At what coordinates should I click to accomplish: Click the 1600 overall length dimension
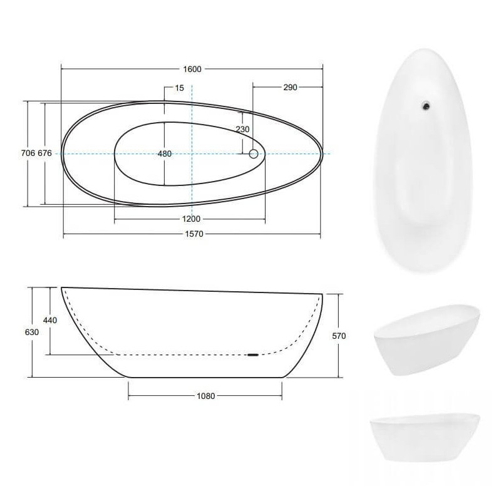pyautogui.click(x=192, y=69)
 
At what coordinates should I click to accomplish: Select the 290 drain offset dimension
pyautogui.click(x=290, y=87)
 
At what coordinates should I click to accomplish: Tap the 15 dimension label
pyautogui.click(x=180, y=88)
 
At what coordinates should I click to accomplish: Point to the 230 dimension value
pyautogui.click(x=242, y=130)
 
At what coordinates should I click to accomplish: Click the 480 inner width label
pyautogui.click(x=165, y=153)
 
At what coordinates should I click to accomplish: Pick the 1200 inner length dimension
pyautogui.click(x=191, y=219)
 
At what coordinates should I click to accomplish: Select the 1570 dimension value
pyautogui.click(x=194, y=234)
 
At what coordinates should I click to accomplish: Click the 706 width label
pyautogui.click(x=28, y=153)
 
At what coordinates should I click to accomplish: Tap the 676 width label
pyautogui.click(x=44, y=153)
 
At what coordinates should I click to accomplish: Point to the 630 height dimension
pyautogui.click(x=32, y=333)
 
